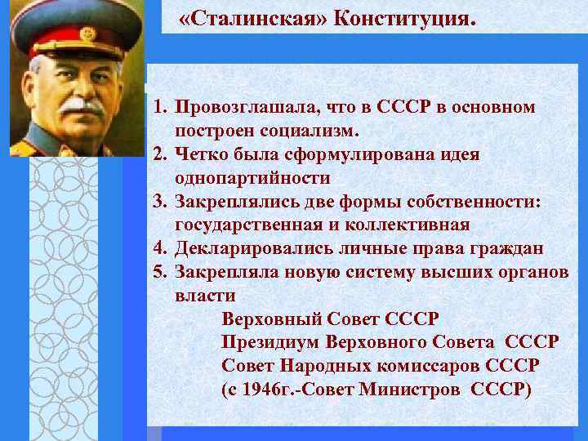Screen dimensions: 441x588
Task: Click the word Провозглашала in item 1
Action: (x=247, y=108)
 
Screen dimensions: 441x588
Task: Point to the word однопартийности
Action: (x=252, y=177)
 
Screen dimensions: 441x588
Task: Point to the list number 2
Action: (x=159, y=154)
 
